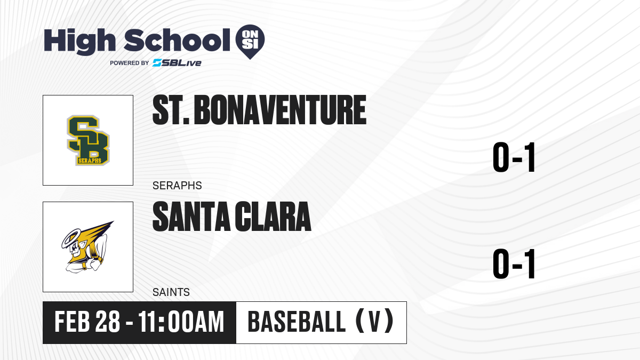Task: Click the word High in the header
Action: coord(80,42)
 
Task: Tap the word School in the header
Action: coord(177,40)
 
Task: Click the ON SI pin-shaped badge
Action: coord(250,40)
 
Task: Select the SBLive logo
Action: coord(177,63)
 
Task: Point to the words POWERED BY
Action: coord(130,63)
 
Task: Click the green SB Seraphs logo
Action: coord(88,140)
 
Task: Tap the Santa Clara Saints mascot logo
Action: coord(87,247)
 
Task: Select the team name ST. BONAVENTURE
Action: coord(259,110)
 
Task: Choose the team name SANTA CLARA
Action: coord(231,217)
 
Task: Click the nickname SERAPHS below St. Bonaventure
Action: coord(177,186)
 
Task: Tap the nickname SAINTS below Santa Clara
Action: coord(171,292)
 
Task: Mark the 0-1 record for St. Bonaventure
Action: coord(514,157)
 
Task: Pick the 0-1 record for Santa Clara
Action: coord(514,264)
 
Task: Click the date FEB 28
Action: coord(87,322)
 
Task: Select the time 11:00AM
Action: coord(181,322)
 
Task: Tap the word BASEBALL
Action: coord(297,322)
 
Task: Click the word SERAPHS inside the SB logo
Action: coord(90,161)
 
